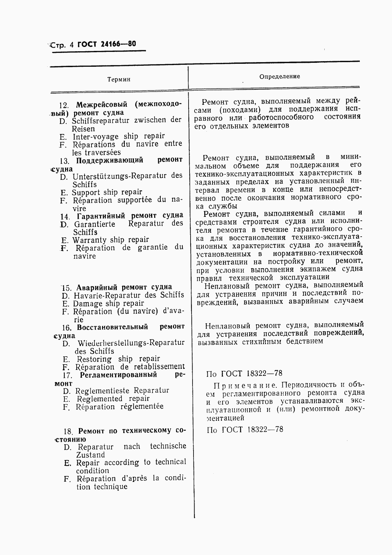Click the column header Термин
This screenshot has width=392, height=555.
[119, 79]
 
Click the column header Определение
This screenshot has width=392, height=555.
[279, 76]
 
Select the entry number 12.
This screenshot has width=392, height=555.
[64, 105]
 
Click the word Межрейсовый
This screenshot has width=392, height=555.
[102, 105]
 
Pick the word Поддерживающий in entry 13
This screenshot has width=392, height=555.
[110, 160]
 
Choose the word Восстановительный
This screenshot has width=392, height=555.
[112, 327]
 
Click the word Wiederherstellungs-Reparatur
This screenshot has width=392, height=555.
[131, 343]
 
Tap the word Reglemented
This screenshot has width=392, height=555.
[99, 399]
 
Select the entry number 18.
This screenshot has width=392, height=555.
[68, 431]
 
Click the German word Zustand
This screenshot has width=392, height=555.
[90, 455]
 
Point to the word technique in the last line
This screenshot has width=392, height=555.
[110, 487]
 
